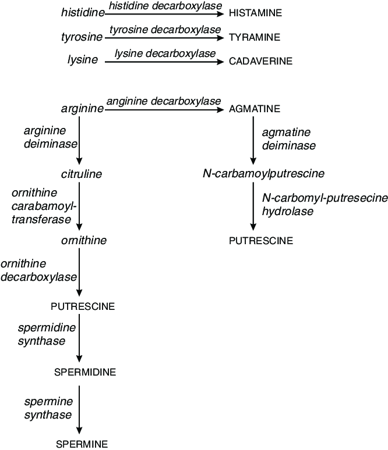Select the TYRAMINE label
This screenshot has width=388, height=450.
click(255, 37)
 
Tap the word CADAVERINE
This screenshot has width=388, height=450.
click(259, 60)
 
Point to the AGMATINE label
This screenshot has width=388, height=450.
click(255, 109)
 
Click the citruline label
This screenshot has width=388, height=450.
click(82, 174)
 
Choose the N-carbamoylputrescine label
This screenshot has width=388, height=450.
click(263, 174)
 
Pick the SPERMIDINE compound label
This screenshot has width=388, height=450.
click(84, 372)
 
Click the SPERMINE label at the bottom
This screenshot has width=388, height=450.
click(82, 444)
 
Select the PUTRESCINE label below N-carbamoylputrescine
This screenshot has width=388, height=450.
click(261, 241)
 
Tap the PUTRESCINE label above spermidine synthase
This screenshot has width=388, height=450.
click(83, 306)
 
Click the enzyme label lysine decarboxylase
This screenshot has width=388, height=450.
click(165, 53)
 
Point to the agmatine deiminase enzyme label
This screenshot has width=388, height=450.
click(289, 139)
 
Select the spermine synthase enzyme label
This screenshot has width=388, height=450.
click(48, 408)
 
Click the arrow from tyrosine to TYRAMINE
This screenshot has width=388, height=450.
click(164, 37)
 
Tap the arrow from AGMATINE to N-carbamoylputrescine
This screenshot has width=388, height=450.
click(253, 140)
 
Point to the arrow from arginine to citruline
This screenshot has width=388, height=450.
click(79, 140)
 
